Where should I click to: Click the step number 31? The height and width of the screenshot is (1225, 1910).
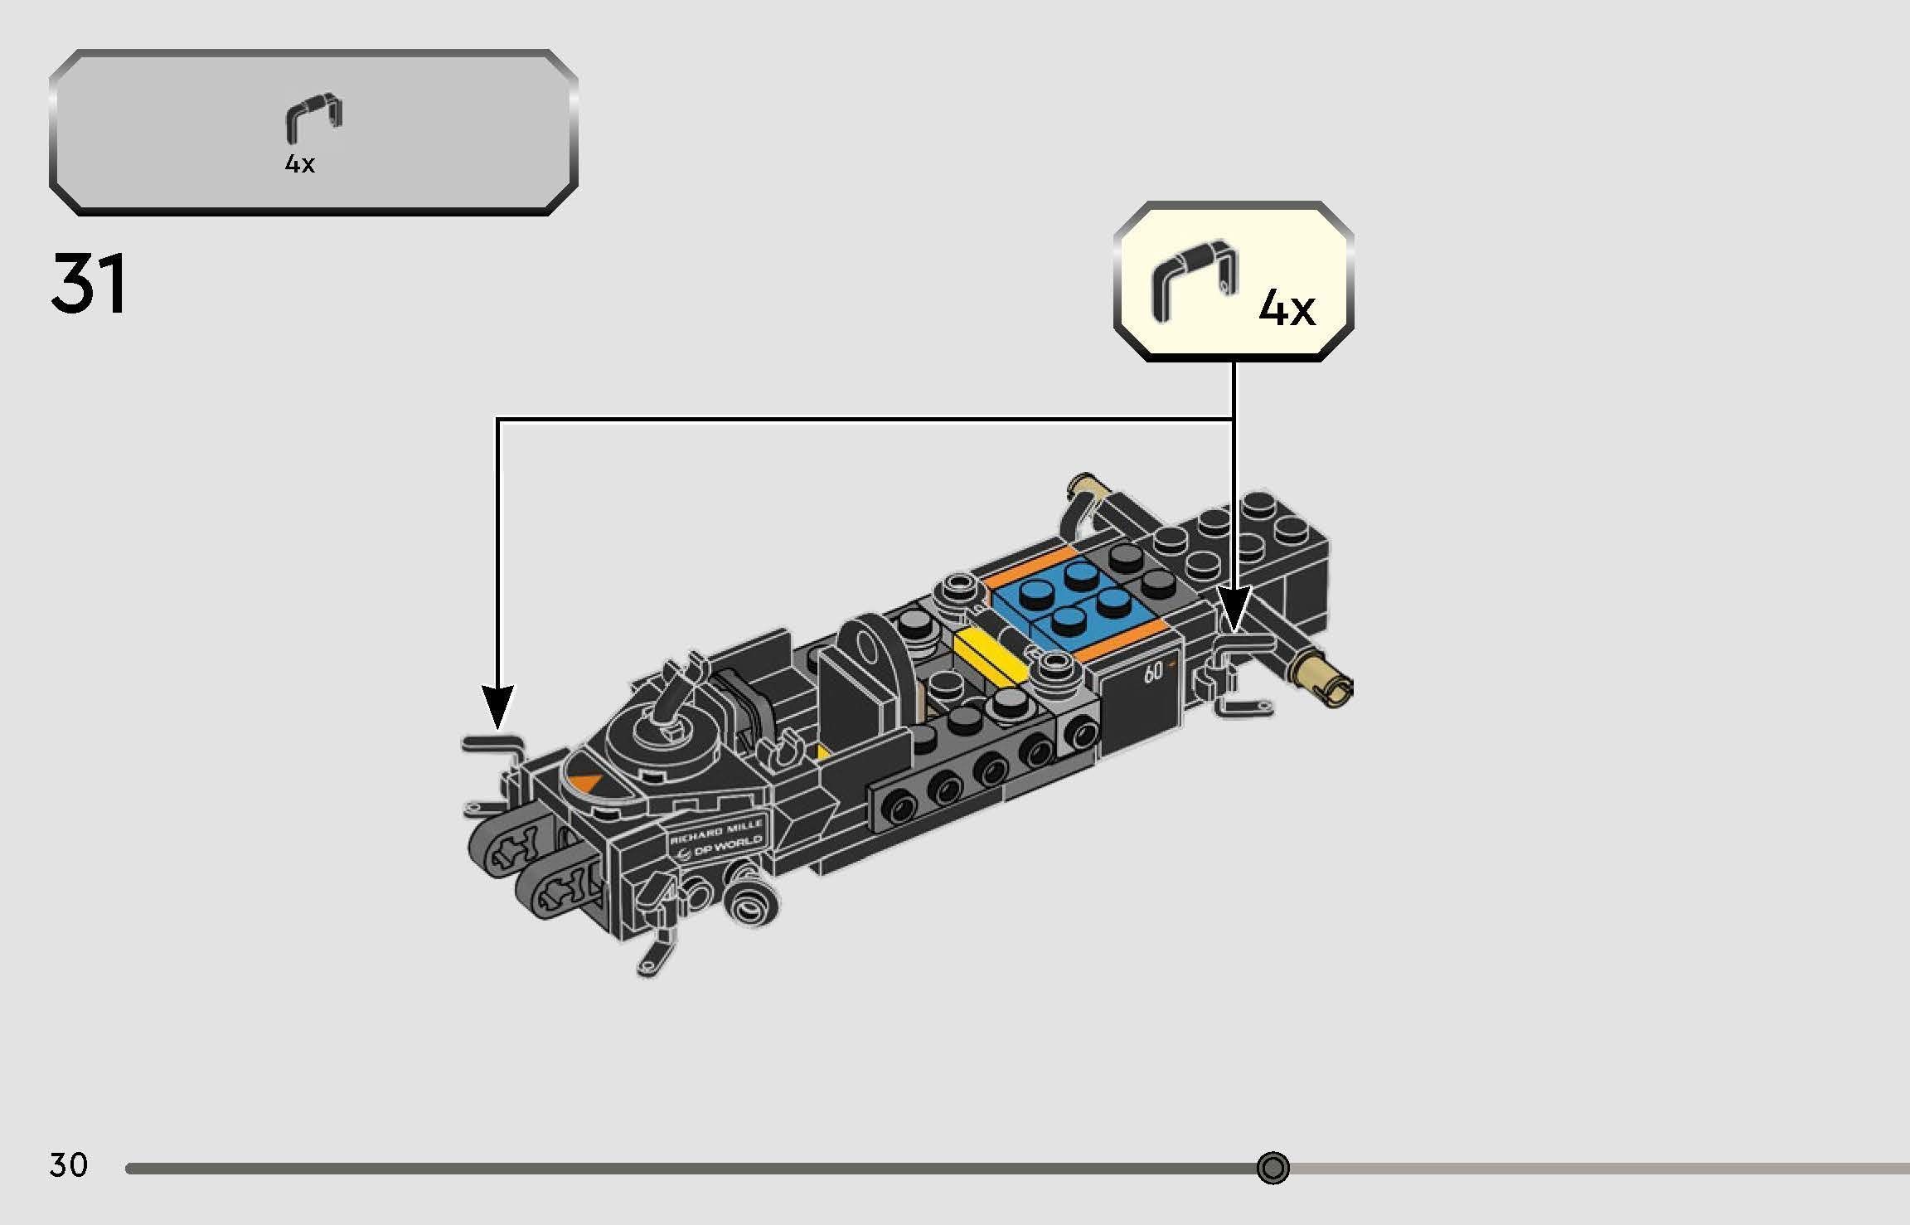(x=89, y=284)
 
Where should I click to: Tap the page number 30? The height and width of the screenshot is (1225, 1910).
(x=68, y=1165)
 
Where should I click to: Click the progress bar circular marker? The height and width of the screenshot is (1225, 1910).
(x=1273, y=1168)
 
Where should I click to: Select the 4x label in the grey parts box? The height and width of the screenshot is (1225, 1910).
(x=300, y=164)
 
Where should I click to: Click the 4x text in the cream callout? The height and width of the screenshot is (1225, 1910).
(x=1287, y=309)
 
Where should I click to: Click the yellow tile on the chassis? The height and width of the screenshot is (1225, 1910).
(x=991, y=655)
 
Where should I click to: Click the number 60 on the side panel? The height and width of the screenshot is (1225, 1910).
(x=1153, y=673)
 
